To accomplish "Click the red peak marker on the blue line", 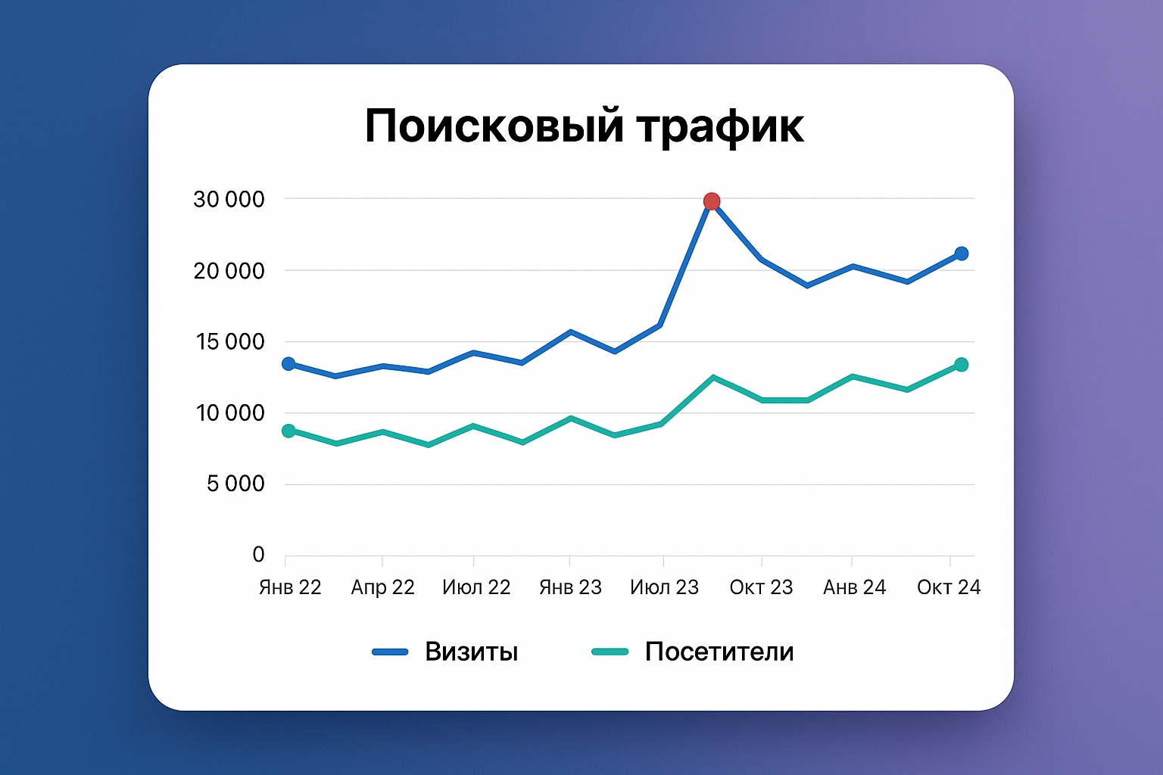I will click(x=712, y=201).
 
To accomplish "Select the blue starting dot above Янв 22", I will click(x=288, y=364).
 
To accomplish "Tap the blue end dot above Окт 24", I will click(x=961, y=254).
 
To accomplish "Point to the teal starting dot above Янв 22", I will click(x=288, y=431).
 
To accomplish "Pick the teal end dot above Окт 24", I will click(x=961, y=365).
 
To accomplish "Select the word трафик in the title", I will click(x=719, y=126).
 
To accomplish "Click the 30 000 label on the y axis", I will click(x=229, y=200).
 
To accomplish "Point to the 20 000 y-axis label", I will click(x=229, y=271).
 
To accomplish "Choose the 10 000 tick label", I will click(x=230, y=413).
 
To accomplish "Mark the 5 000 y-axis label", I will click(x=235, y=484).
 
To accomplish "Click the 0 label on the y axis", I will click(x=258, y=555).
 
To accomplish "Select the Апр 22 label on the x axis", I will click(x=382, y=587).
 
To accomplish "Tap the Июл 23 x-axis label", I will click(x=664, y=587).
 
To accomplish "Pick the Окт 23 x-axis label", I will click(x=761, y=587).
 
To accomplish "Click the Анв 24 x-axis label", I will click(x=854, y=587).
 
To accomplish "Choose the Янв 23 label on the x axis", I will click(x=570, y=587).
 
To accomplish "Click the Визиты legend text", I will click(x=471, y=652).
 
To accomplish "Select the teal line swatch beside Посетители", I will click(x=610, y=652).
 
